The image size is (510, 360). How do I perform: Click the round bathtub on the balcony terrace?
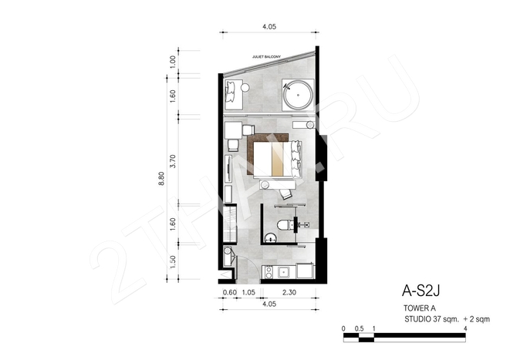(298, 95)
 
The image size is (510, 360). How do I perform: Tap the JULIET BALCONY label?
(266, 57)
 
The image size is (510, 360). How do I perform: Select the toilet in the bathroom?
(285, 225)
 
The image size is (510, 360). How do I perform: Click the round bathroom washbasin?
(270, 238)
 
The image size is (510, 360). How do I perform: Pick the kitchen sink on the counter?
(284, 272)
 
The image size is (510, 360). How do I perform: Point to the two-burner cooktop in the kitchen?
(269, 272)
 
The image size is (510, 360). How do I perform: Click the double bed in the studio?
(278, 160)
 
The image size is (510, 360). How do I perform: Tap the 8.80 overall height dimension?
(161, 178)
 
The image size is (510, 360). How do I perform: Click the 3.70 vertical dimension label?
(173, 161)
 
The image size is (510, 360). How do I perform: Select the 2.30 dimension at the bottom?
(289, 292)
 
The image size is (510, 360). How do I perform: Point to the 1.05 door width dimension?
(248, 292)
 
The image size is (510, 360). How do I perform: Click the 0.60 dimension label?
(230, 292)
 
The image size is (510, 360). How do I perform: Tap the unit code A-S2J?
(420, 291)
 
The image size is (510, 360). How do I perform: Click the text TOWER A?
(420, 308)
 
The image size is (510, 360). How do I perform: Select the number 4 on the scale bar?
(465, 328)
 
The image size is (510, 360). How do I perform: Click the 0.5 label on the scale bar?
(359, 328)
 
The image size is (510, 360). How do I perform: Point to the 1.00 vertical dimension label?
(173, 62)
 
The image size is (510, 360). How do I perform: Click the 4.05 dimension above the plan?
(269, 27)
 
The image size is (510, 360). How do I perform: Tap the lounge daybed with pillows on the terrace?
(234, 95)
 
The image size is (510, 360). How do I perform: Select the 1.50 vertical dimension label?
(173, 261)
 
